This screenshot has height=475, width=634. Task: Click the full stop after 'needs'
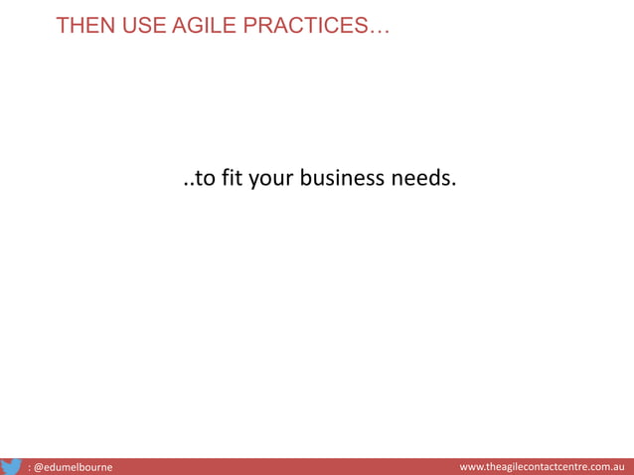click(x=453, y=187)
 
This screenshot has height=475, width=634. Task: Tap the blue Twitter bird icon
click(x=11, y=465)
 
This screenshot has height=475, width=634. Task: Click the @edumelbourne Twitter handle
click(x=73, y=466)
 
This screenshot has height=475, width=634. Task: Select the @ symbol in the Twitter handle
click(x=39, y=466)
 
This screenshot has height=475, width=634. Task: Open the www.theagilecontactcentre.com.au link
click(x=541, y=466)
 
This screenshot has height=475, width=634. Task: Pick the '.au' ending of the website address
click(x=614, y=466)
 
